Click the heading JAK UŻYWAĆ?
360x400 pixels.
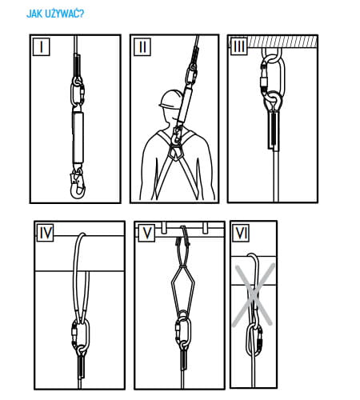55,14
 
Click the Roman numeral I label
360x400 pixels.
42,47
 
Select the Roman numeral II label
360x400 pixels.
142,47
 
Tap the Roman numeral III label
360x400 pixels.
239,46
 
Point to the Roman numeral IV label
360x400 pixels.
46,233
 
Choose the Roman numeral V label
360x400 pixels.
146,234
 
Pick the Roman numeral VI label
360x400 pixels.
241,234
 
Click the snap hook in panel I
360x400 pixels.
78,182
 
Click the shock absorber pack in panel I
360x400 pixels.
78,138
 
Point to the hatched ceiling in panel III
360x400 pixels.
282,41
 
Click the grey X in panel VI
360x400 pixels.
254,294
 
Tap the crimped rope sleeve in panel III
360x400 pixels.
273,130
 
